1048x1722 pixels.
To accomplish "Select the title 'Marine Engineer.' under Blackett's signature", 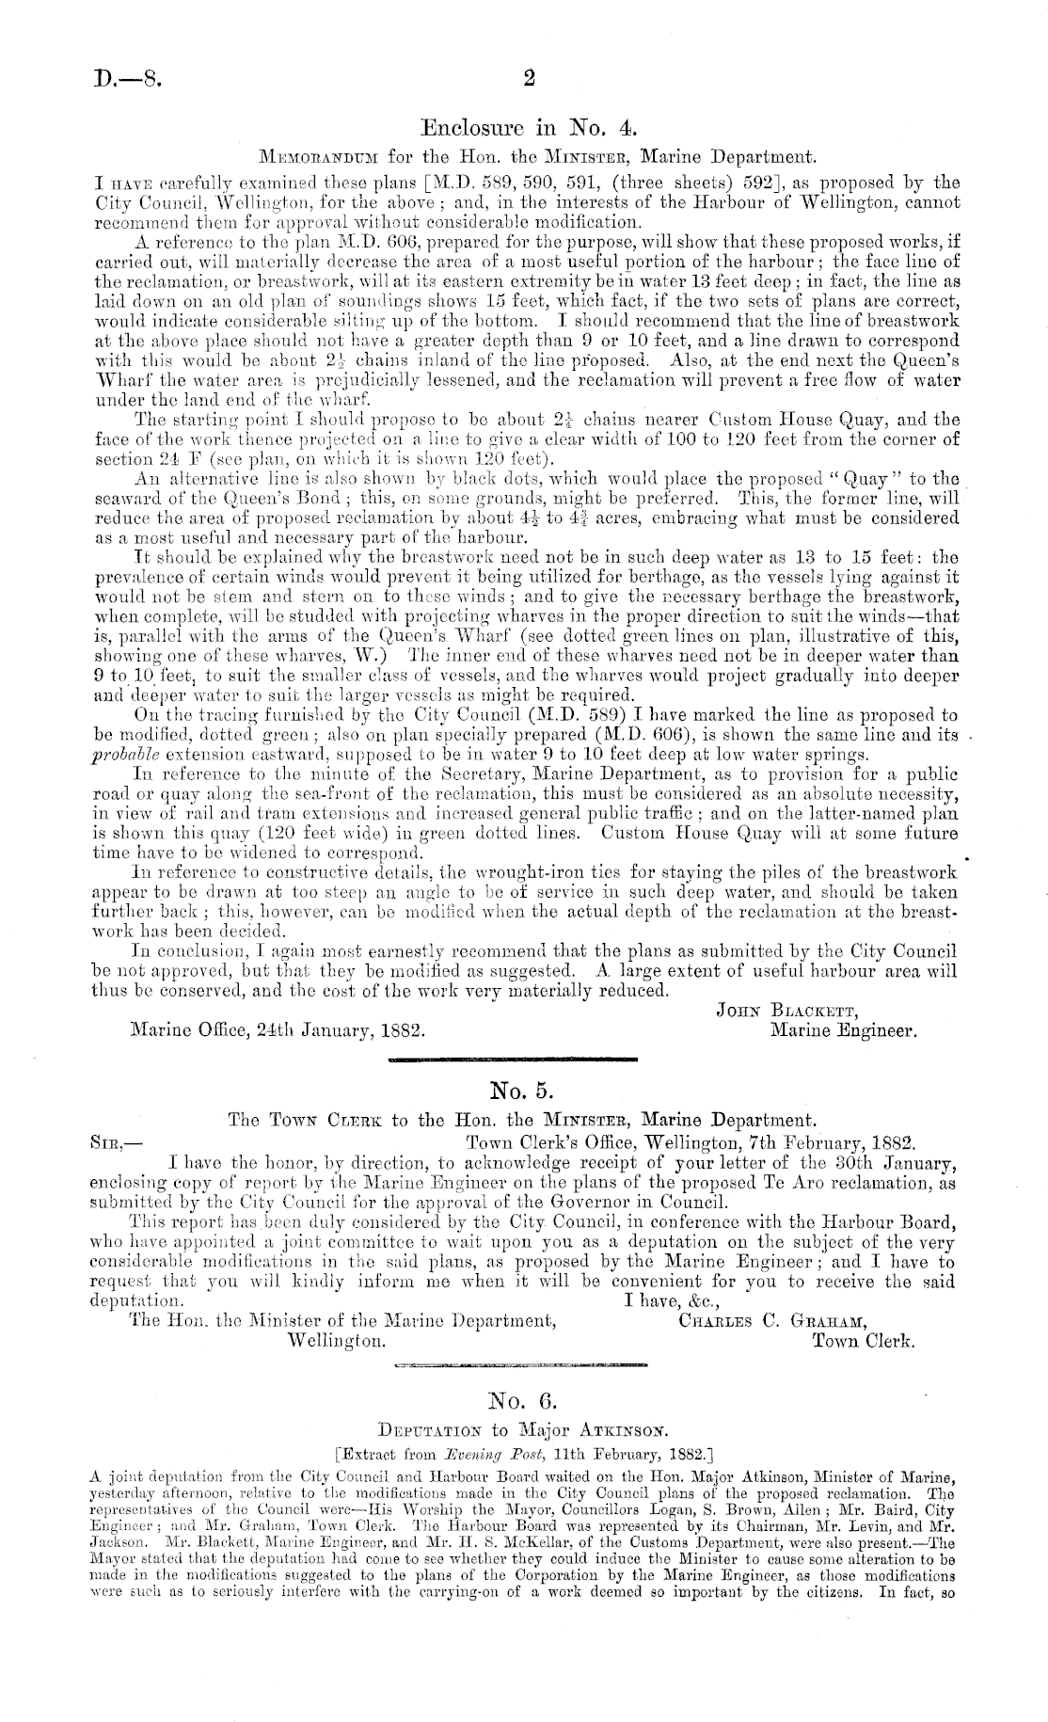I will pos(843,1030).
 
